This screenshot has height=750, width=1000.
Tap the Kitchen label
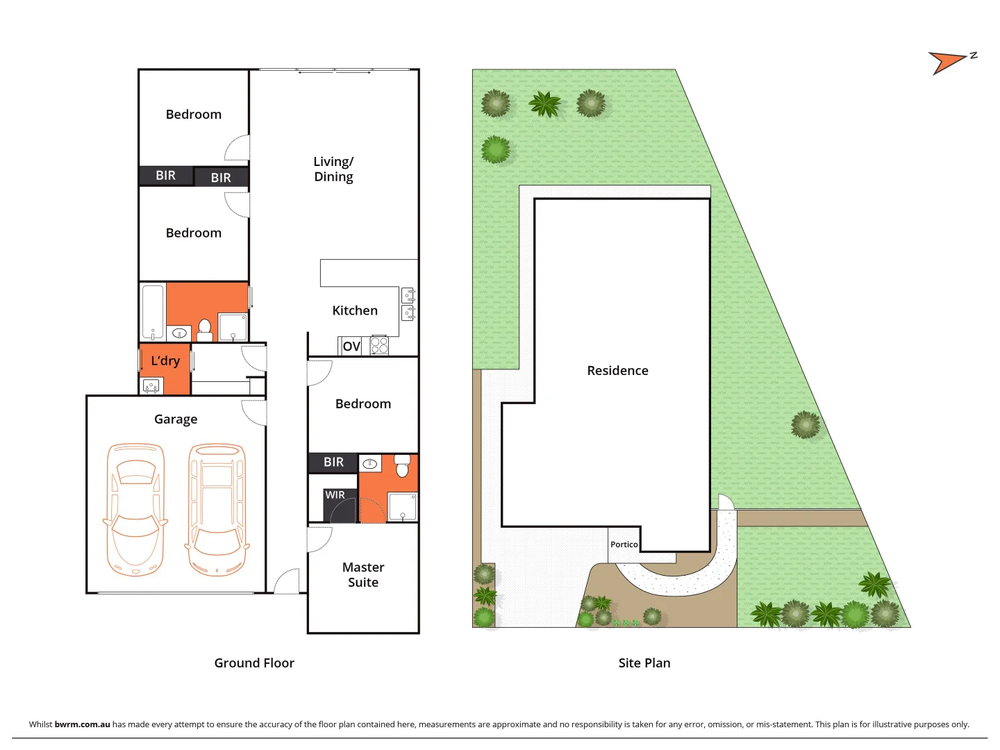(x=355, y=310)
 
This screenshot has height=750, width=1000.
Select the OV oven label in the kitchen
(x=351, y=346)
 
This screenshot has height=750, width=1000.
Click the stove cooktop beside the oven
(x=379, y=345)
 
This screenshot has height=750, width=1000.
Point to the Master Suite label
(x=363, y=575)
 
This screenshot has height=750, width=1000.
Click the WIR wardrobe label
(x=335, y=495)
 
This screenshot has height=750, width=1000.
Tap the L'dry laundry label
(x=165, y=360)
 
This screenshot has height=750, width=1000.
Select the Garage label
(x=176, y=419)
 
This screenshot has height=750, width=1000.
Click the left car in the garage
(x=135, y=510)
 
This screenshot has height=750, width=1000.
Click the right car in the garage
(x=217, y=510)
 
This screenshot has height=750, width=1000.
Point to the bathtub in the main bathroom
(x=153, y=312)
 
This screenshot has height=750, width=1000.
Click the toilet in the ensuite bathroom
(x=402, y=467)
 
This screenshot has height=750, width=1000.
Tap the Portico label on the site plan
(x=624, y=544)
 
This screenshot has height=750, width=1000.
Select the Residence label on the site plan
(x=617, y=371)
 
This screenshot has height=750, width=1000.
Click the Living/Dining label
(x=333, y=169)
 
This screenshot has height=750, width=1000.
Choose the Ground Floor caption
(x=254, y=663)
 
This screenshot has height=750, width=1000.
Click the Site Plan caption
(x=644, y=663)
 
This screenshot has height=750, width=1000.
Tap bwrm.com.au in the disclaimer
(x=82, y=724)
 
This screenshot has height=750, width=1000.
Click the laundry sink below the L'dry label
(x=151, y=385)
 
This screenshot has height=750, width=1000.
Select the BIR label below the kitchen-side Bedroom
(x=333, y=462)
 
